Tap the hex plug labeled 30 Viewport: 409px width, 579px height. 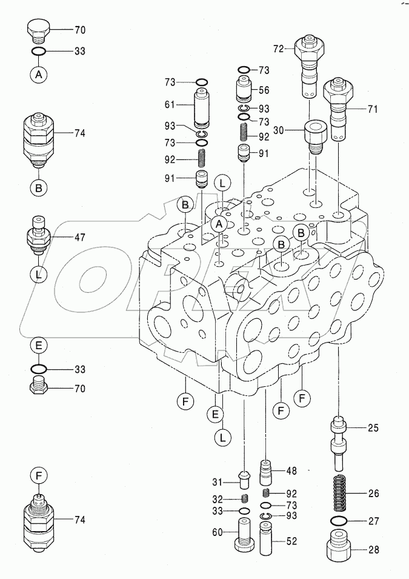[x=314, y=137]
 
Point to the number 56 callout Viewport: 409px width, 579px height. [x=264, y=90]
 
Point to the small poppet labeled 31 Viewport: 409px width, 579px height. [x=245, y=481]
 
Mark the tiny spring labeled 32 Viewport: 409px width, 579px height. [x=245, y=499]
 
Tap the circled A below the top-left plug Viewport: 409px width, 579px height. [x=38, y=74]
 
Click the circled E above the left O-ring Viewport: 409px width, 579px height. [x=38, y=346]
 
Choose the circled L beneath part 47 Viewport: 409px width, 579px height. [x=38, y=273]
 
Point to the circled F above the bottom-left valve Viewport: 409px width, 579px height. [x=38, y=477]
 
